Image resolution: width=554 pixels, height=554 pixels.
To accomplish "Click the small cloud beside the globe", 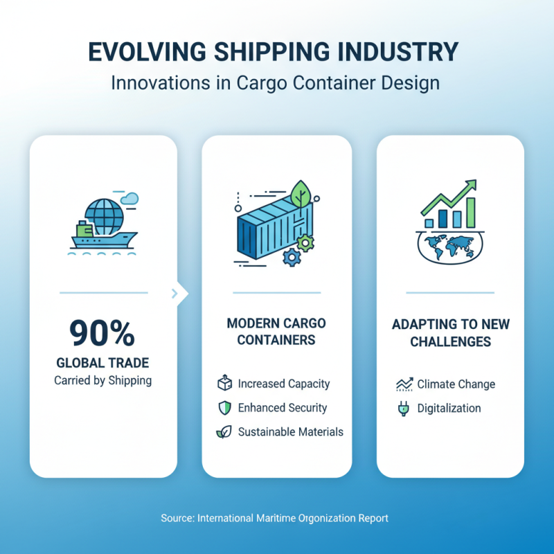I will (x=129, y=199).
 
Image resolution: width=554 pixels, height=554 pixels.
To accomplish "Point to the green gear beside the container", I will (x=305, y=242).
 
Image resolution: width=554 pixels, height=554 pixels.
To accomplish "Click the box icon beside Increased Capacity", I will (x=225, y=384).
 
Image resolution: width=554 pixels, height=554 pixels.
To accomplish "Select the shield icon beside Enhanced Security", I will (x=225, y=408).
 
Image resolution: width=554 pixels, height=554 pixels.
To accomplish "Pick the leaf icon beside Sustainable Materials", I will (x=225, y=432).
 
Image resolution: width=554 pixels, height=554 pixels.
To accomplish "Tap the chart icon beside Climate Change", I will (x=403, y=384).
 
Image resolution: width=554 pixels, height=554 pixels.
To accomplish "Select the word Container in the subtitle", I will (x=343, y=83).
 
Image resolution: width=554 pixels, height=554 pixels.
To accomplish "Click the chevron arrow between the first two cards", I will (x=177, y=294).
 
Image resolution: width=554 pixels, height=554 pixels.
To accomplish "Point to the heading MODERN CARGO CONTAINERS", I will (x=276, y=332).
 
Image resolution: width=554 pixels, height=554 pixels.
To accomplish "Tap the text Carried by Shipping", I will (x=102, y=380).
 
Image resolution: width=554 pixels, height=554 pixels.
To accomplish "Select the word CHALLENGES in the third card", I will (x=450, y=341).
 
